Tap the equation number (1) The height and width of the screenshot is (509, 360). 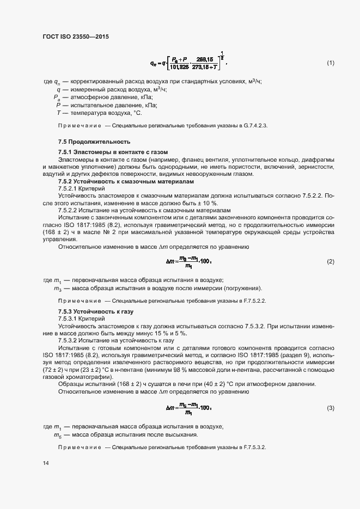330,63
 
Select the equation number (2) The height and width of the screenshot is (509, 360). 330,262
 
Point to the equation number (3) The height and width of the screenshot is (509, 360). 330,408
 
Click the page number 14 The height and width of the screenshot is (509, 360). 45,463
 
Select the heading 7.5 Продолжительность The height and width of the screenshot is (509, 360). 88,142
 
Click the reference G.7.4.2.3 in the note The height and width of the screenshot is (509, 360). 253,126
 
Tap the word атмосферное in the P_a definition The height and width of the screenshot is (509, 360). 89,97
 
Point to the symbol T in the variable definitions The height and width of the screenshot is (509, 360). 58,113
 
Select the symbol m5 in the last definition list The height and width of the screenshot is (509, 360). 57,435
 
